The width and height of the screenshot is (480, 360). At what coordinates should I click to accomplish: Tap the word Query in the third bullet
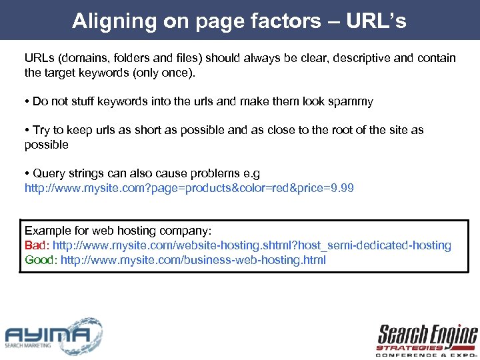49,173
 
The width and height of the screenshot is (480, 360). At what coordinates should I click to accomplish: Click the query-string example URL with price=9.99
189,188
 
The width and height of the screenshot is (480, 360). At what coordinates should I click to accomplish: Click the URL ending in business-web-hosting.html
193,259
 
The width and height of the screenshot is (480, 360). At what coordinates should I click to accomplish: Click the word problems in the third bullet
193,173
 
